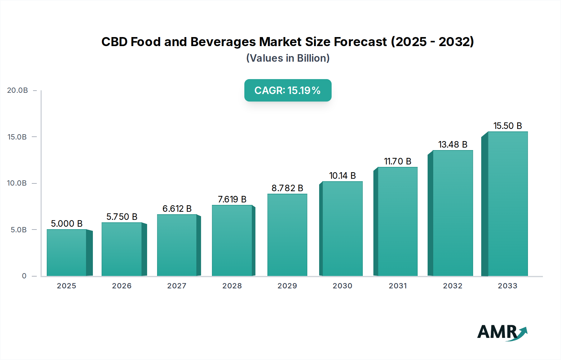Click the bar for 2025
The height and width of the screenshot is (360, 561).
point(67,253)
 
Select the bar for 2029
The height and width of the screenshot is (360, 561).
point(287,235)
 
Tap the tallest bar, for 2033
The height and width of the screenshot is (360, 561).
point(508,204)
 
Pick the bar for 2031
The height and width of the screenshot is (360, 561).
point(397,221)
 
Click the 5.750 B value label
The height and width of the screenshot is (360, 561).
point(122,217)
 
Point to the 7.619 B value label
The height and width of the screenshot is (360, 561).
point(232,199)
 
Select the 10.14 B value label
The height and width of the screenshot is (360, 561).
point(342,176)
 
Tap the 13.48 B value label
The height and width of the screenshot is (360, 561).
point(453,144)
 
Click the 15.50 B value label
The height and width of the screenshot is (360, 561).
point(507,126)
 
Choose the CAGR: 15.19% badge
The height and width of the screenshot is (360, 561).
point(288,90)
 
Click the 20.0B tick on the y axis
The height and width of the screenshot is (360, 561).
point(17,90)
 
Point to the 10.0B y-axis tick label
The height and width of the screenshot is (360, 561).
point(17,183)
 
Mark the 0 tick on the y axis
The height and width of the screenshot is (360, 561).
point(24,276)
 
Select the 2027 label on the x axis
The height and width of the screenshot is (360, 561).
point(177,286)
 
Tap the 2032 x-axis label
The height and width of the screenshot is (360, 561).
point(453,286)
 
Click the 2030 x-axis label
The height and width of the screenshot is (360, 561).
point(342,286)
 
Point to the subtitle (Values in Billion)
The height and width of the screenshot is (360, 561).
point(288,58)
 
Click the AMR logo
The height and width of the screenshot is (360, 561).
point(502,332)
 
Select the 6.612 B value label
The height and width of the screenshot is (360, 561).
point(177,209)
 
